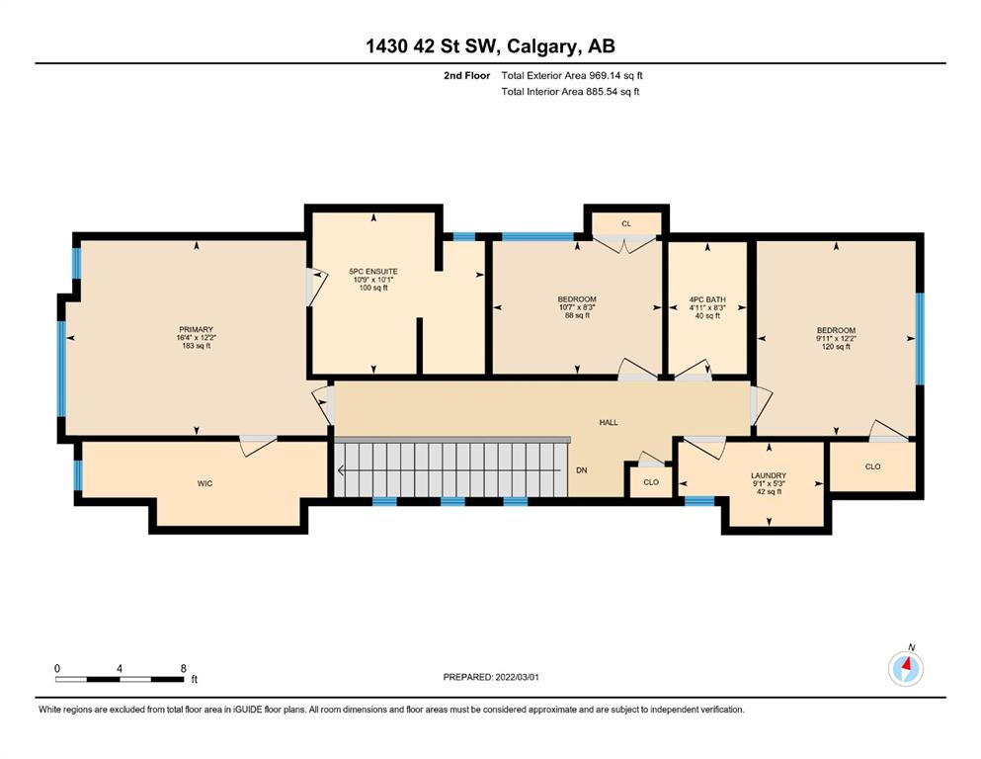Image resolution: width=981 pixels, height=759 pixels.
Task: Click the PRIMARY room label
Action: [196, 330]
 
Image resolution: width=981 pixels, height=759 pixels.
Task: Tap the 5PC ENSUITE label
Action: [373, 272]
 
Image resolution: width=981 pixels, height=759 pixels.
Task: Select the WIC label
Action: [204, 483]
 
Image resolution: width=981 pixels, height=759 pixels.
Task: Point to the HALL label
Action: [609, 422]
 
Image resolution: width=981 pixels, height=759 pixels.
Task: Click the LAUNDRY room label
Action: [769, 475]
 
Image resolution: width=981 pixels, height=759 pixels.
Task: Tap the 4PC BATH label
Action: [707, 299]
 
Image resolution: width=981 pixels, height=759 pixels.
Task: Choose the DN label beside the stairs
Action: [582, 469]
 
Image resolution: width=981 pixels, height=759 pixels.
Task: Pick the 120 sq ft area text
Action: [836, 347]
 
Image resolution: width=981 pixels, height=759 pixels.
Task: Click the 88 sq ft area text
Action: [577, 315]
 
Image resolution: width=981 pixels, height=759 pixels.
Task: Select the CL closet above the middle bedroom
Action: [626, 223]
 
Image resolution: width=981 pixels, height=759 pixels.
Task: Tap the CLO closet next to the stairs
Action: [651, 482]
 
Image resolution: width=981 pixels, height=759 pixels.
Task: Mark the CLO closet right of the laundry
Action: [872, 466]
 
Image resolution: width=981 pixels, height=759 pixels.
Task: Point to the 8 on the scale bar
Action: [184, 668]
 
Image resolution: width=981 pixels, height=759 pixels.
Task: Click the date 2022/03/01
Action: [518, 677]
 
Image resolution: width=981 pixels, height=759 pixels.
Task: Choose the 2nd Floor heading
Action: [466, 76]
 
